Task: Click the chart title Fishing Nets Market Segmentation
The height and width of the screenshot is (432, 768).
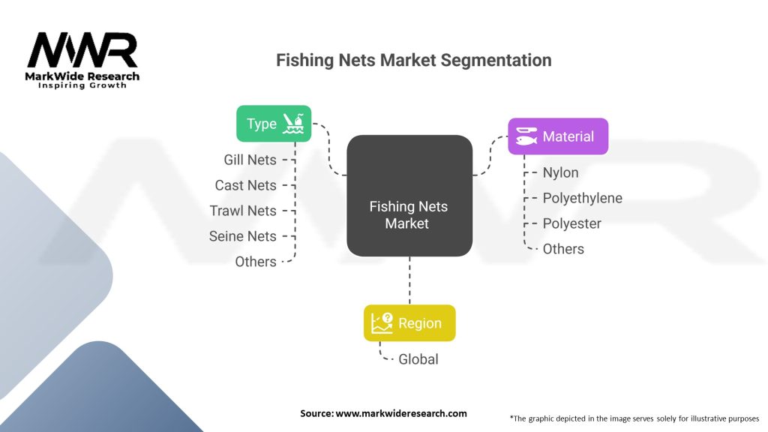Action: (x=413, y=60)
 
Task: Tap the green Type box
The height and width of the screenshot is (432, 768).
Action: (x=273, y=124)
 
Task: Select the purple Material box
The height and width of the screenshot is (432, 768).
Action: (x=557, y=136)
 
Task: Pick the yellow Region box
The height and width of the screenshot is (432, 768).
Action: (x=409, y=323)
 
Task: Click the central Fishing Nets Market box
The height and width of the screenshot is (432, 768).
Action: (x=409, y=214)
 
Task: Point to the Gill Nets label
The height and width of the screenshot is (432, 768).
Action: (x=250, y=160)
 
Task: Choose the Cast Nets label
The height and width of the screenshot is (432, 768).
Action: (x=245, y=185)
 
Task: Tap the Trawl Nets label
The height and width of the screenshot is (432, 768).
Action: (x=243, y=211)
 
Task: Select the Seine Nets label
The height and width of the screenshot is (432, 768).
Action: (x=242, y=236)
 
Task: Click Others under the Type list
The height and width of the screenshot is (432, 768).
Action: (x=255, y=262)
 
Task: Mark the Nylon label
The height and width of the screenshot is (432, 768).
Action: (x=560, y=172)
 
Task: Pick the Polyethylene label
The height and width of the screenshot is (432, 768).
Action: (x=582, y=198)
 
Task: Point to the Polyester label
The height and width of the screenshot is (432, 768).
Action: (x=571, y=223)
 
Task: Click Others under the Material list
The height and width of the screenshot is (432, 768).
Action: (x=562, y=249)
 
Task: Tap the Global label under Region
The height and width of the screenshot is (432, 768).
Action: (x=418, y=359)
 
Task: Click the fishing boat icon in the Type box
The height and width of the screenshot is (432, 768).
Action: (x=293, y=124)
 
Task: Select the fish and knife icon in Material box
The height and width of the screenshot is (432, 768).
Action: (x=526, y=136)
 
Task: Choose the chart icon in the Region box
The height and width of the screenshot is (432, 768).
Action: (x=382, y=323)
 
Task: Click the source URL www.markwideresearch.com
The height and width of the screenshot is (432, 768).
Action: (x=400, y=413)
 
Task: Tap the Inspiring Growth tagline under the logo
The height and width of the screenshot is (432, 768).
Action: (x=82, y=85)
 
